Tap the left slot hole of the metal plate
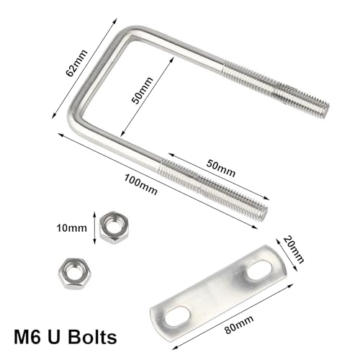[176, 316]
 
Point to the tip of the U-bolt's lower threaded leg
[263, 213]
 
